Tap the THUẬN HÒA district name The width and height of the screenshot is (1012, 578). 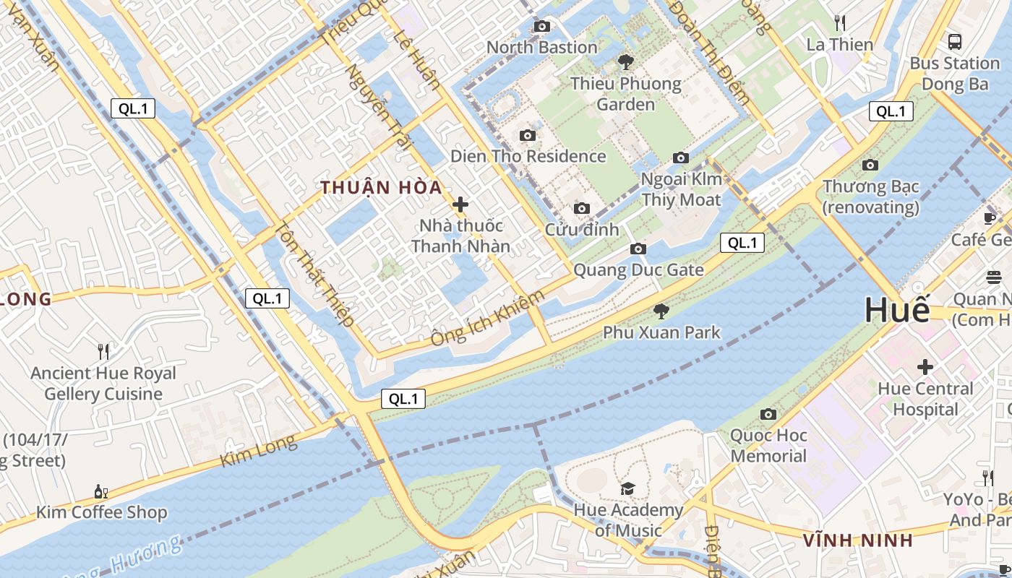pyautogui.click(x=381, y=188)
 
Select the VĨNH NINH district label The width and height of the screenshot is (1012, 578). pyautogui.click(x=858, y=540)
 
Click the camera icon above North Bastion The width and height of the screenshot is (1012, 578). pyautogui.click(x=541, y=27)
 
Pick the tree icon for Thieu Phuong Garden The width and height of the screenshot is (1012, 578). pyautogui.click(x=626, y=62)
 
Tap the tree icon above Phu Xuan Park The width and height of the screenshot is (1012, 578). pyautogui.click(x=661, y=311)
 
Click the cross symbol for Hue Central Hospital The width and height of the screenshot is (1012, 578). pyautogui.click(x=925, y=367)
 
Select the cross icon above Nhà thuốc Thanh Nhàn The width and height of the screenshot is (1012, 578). pyautogui.click(x=460, y=204)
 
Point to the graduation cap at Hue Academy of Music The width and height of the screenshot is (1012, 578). pyautogui.click(x=627, y=489)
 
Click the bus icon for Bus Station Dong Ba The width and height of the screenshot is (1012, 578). pyautogui.click(x=954, y=41)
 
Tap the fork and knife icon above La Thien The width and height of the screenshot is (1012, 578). pyautogui.click(x=839, y=23)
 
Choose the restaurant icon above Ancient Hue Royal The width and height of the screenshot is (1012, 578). pyautogui.click(x=103, y=352)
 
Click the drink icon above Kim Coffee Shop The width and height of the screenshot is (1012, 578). pyautogui.click(x=101, y=491)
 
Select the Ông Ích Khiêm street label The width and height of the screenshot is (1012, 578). pyautogui.click(x=487, y=319)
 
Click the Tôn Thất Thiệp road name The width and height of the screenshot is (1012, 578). pyautogui.click(x=314, y=275)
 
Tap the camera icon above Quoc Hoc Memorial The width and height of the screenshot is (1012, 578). pyautogui.click(x=768, y=414)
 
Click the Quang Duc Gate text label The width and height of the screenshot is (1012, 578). pyautogui.click(x=638, y=270)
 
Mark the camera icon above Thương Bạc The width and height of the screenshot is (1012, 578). pyautogui.click(x=870, y=165)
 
